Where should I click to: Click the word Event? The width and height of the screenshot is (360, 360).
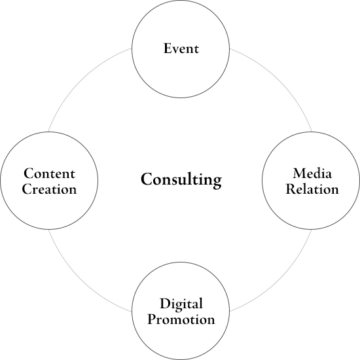point(181,48)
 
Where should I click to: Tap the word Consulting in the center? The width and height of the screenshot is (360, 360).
point(181,180)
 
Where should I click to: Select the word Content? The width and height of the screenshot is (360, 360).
point(49,173)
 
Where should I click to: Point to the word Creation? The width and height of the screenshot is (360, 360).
point(49,189)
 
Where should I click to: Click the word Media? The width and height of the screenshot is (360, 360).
point(312,173)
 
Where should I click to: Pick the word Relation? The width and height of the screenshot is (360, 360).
point(312,189)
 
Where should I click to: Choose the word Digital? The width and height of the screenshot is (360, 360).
point(181,304)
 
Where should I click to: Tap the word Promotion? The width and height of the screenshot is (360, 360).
point(181,319)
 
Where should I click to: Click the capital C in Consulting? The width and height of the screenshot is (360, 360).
point(147,179)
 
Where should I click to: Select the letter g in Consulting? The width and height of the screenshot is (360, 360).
point(216,183)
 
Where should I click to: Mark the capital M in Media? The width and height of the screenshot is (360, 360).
point(300,173)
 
